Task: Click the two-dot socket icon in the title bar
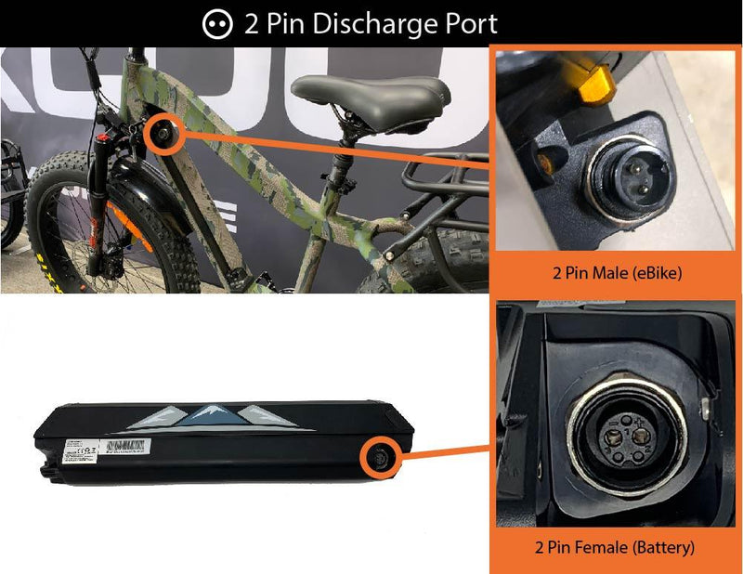[217, 24]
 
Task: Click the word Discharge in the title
[372, 24]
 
